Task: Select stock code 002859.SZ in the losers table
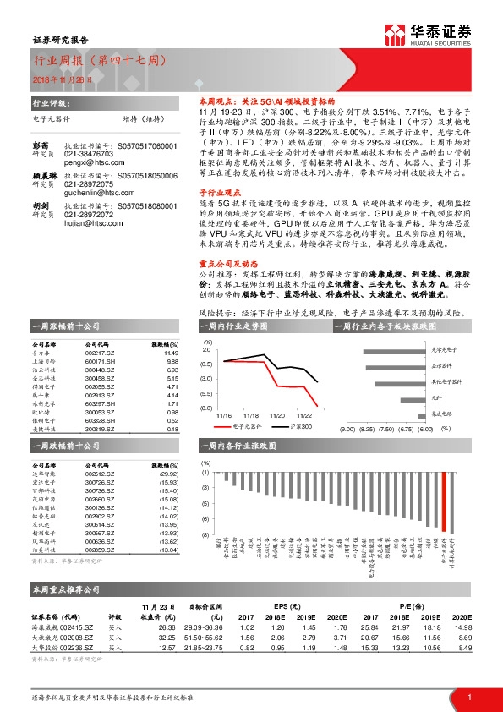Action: click(101, 550)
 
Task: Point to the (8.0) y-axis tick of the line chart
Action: click(206, 408)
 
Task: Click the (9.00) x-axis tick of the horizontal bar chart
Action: click(347, 430)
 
